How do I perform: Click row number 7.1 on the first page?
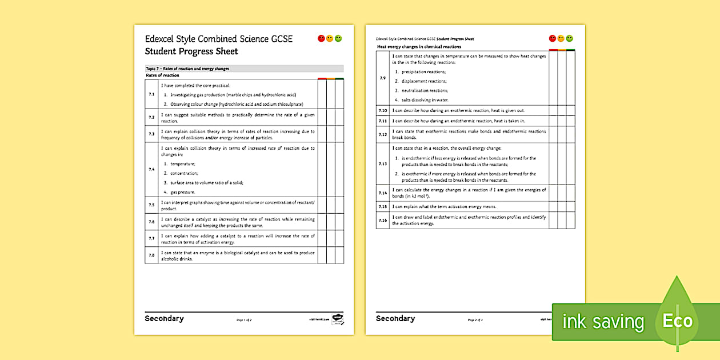coord(151,94)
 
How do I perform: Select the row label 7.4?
coord(151,169)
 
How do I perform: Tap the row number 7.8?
coord(151,255)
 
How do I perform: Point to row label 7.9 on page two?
coord(383,78)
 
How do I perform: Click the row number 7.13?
coord(383,164)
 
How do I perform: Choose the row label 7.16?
coord(383,220)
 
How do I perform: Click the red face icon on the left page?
coord(321,38)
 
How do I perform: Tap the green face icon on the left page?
coord(338,38)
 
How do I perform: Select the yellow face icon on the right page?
coord(561,38)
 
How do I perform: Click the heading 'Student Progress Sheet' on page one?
coord(191,51)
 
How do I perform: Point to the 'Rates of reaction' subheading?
coord(163,75)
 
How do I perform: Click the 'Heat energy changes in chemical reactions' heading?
coord(419,47)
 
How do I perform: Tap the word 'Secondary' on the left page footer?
coord(164,318)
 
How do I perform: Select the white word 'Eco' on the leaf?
coord(678,321)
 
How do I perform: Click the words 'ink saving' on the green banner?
coord(603,322)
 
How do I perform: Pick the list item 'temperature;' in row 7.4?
coord(182,164)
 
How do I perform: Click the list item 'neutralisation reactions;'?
coord(425,90)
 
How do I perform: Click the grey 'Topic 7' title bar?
coord(244,69)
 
